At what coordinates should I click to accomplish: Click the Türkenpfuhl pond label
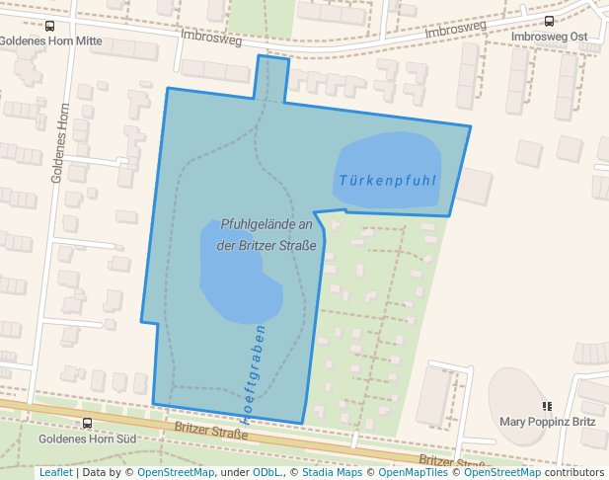(x=386, y=181)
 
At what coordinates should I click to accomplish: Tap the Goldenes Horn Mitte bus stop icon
(x=50, y=27)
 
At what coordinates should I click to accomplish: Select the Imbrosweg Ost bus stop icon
(x=549, y=22)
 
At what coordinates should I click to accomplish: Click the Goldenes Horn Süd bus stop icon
(x=87, y=424)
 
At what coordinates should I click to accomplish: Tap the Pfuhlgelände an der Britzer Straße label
(x=266, y=235)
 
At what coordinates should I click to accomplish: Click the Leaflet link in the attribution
(x=55, y=472)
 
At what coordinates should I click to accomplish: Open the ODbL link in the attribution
(x=266, y=472)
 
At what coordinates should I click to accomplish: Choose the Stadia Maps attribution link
(x=332, y=472)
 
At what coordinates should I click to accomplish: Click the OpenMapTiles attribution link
(x=409, y=472)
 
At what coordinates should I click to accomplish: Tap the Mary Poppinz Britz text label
(x=548, y=421)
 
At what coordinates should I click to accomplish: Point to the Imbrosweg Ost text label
(x=549, y=37)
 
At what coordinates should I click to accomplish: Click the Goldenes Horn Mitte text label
(x=51, y=41)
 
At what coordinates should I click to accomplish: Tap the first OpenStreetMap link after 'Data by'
(x=176, y=472)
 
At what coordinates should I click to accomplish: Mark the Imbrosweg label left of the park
(x=210, y=37)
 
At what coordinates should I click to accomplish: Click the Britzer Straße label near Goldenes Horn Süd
(x=210, y=431)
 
